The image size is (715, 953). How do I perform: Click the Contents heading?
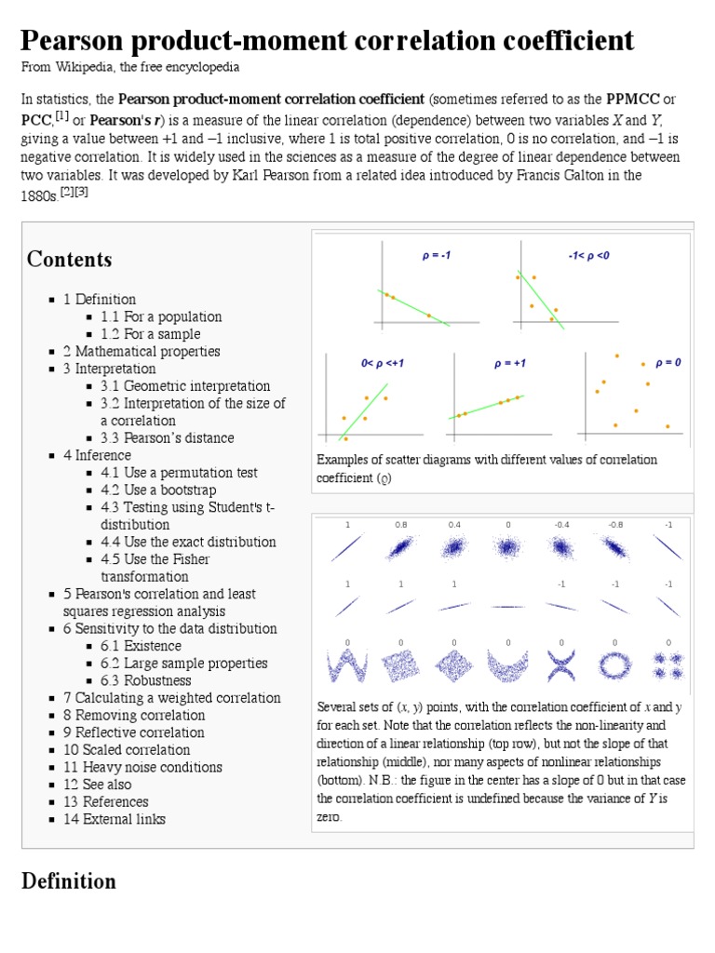[x=70, y=260]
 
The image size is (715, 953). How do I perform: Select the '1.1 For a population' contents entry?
[x=161, y=316]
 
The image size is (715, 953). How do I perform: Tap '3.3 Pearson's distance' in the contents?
[x=168, y=438]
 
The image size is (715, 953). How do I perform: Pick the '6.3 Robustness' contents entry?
[x=153, y=680]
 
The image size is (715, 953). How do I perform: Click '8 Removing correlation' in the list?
[x=134, y=716]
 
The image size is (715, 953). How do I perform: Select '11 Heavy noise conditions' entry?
[x=142, y=768]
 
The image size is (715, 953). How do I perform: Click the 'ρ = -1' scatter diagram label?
[x=436, y=255]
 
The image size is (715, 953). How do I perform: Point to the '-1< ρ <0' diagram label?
[x=589, y=255]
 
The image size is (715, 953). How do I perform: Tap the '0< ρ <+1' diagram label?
[x=382, y=364]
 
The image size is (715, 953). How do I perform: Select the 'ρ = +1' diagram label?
[x=509, y=364]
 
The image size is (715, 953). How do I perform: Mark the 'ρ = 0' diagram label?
[x=668, y=363]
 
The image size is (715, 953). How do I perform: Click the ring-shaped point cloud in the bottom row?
[x=615, y=664]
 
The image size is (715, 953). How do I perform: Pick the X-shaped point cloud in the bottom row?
[x=561, y=664]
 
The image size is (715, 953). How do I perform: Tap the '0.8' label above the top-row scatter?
[x=400, y=525]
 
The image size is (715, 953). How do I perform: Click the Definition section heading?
[x=69, y=881]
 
